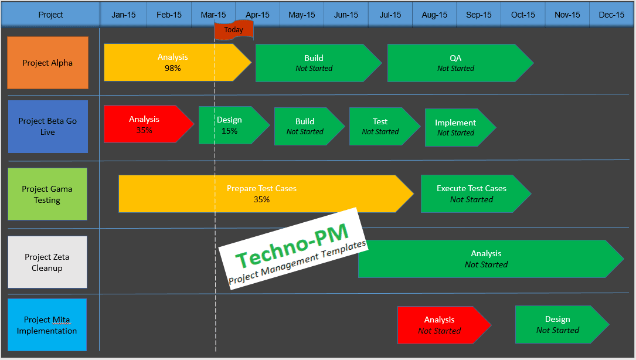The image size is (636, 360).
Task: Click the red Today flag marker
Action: click(233, 30)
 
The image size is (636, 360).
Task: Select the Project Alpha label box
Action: click(47, 63)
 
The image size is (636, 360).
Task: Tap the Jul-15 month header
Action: click(390, 15)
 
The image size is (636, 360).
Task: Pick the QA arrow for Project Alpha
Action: click(455, 63)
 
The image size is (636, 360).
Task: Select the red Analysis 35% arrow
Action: click(145, 124)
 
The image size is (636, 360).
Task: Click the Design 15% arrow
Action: click(230, 125)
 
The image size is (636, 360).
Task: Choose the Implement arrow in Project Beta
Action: click(456, 127)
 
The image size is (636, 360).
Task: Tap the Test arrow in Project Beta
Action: click(381, 126)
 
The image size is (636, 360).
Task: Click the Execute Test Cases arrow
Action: click(472, 193)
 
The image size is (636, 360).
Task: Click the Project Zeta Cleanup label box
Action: click(47, 262)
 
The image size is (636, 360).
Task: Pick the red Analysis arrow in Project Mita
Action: click(440, 325)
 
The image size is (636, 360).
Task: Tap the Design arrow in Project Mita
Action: click(557, 324)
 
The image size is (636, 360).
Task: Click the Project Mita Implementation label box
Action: click(47, 325)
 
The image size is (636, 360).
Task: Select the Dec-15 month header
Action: click(611, 15)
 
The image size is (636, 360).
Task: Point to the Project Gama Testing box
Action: click(47, 194)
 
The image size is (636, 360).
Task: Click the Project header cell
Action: click(50, 15)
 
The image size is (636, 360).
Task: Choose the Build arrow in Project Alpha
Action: click(314, 63)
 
